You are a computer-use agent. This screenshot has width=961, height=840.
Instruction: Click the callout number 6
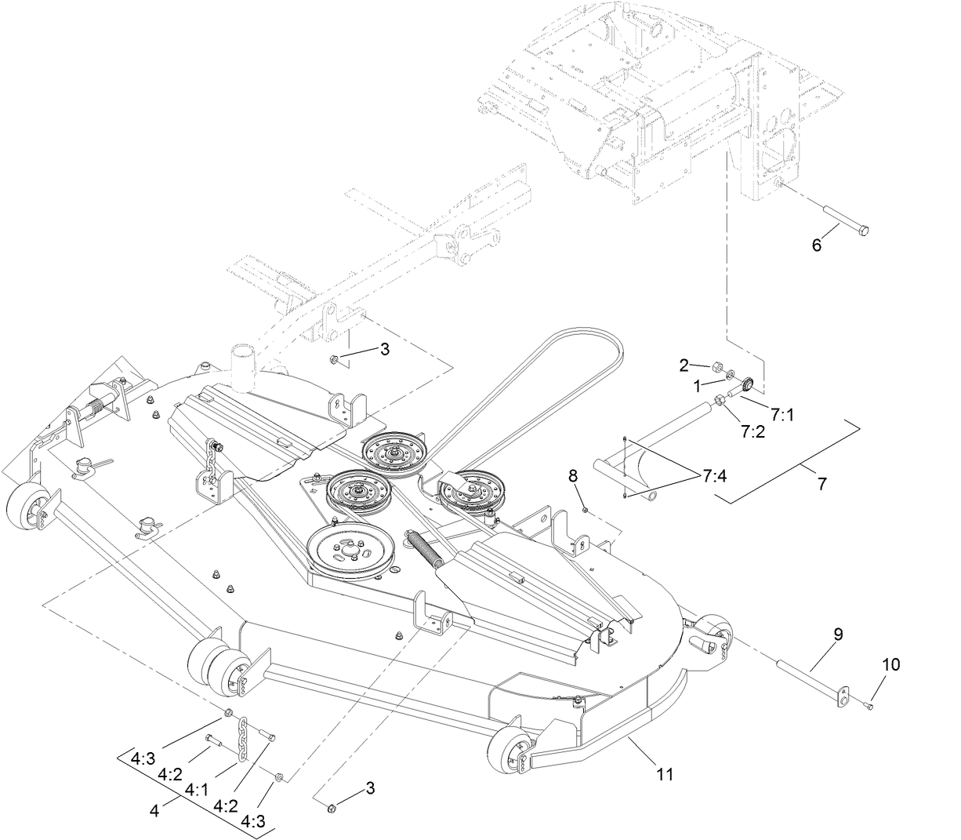click(816, 245)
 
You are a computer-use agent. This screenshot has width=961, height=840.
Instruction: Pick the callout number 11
click(665, 774)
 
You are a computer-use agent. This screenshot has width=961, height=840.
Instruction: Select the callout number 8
click(573, 475)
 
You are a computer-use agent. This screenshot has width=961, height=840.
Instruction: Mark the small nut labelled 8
click(586, 511)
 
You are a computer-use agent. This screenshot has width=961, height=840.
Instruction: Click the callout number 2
click(684, 365)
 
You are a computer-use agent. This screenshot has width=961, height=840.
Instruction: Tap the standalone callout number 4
click(154, 812)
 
